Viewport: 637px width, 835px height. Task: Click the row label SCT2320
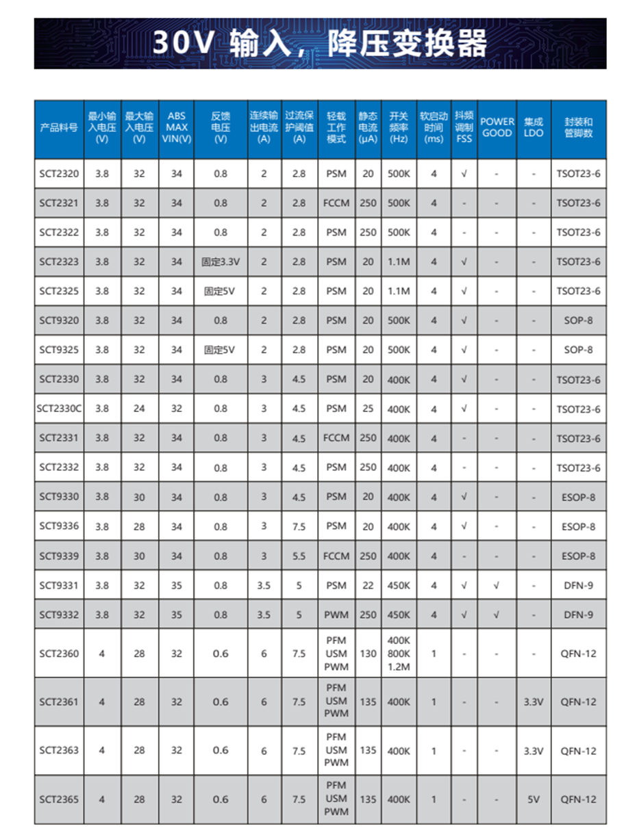[59, 174]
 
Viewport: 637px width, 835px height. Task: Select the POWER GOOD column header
[497, 127]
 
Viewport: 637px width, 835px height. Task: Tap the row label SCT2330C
[59, 409]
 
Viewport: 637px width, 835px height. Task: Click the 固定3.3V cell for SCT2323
[221, 261]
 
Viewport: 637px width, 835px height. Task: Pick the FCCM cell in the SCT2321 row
[336, 203]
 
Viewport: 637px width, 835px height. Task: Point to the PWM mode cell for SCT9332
[336, 615]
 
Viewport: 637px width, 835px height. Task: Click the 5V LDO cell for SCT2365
[533, 799]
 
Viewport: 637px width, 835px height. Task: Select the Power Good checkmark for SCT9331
[497, 585]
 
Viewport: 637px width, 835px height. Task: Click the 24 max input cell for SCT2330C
[140, 409]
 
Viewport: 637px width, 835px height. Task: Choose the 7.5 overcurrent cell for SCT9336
[299, 526]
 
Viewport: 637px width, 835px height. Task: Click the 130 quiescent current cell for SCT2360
[369, 653]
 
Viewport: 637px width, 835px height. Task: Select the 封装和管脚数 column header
[578, 127]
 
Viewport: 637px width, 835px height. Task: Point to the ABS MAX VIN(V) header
[177, 127]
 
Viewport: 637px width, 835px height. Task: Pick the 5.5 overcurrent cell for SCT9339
[299, 556]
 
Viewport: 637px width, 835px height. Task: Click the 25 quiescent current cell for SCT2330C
[369, 409]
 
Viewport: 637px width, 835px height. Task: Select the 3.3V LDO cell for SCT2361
[533, 702]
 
